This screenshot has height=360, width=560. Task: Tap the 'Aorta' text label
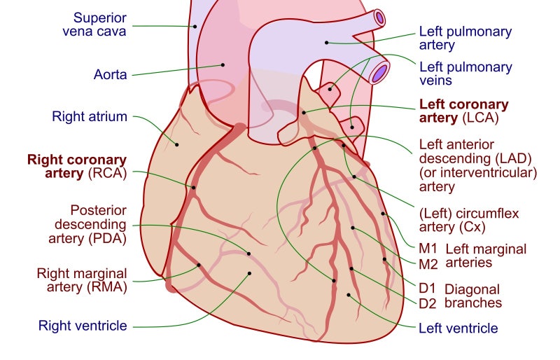coord(111,74)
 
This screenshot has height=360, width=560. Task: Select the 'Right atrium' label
coord(90,116)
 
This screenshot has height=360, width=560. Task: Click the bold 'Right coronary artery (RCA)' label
coord(77,167)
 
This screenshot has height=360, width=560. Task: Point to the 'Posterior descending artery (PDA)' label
coord(98,223)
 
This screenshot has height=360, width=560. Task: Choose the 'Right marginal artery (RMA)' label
coord(82,279)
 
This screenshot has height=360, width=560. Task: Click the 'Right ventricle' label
coord(83,325)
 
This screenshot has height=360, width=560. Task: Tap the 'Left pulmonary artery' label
coord(465,39)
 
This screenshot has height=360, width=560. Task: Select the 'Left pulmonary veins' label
coord(465,74)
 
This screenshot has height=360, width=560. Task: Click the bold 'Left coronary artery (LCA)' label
coord(463,111)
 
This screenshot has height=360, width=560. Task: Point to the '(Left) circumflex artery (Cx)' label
coord(463,220)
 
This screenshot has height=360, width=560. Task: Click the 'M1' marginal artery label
coord(428,248)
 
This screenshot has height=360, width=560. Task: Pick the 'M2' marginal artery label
coord(428,263)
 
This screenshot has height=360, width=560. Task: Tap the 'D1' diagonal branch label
coord(427,288)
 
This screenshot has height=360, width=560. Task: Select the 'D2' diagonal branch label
coord(428,303)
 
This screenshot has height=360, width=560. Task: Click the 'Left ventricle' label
coord(458,328)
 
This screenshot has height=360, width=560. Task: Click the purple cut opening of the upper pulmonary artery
coord(379,16)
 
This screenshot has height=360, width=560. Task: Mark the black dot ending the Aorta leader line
coord(223,64)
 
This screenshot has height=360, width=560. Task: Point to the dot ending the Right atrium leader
coord(176,145)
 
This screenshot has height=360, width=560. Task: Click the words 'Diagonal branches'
coord(473,296)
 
